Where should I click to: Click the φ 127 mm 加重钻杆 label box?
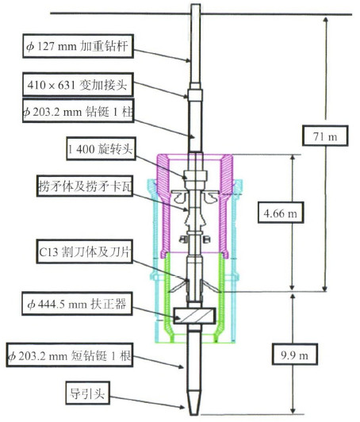click(78, 46)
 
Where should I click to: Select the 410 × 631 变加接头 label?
click(78, 85)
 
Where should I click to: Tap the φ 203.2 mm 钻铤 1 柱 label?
click(78, 111)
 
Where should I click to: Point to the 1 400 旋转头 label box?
click(101, 148)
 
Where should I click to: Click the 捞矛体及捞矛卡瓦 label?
click(85, 186)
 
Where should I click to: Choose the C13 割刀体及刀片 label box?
click(85, 251)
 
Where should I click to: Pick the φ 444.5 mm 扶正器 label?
click(77, 304)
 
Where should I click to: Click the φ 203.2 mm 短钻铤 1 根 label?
click(70, 355)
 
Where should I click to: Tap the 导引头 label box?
click(88, 393)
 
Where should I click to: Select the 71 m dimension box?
click(325, 136)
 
